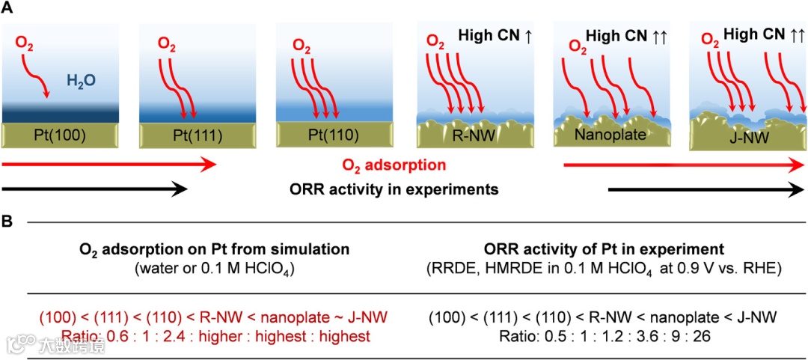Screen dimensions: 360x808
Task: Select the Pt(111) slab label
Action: (x=192, y=136)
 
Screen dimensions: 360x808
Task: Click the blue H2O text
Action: (x=81, y=80)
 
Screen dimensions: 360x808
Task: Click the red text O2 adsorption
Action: (x=394, y=165)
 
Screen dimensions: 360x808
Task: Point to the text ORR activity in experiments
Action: (x=394, y=189)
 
